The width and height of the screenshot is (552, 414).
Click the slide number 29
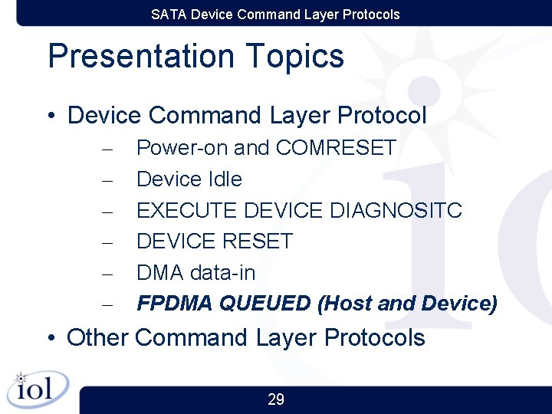point(276,399)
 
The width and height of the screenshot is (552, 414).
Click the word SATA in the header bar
point(169,15)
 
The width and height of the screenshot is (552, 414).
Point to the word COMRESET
point(336,148)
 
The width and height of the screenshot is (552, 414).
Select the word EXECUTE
point(187,210)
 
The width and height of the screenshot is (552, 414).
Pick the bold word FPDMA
point(175,304)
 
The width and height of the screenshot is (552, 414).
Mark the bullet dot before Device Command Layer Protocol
point(51,117)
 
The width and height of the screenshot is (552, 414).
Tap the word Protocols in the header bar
point(373,15)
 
